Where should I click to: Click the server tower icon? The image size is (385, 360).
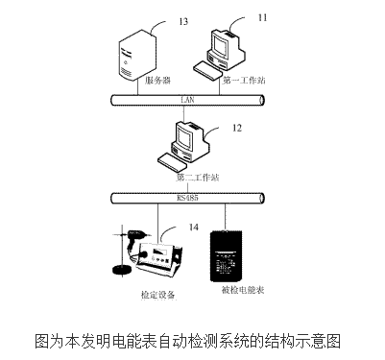tap(136, 56)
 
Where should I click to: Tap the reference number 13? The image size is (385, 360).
tap(159, 21)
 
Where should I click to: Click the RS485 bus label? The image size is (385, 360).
tap(186, 198)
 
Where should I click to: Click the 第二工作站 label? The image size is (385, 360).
tap(198, 178)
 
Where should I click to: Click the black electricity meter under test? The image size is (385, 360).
tap(233, 253)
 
